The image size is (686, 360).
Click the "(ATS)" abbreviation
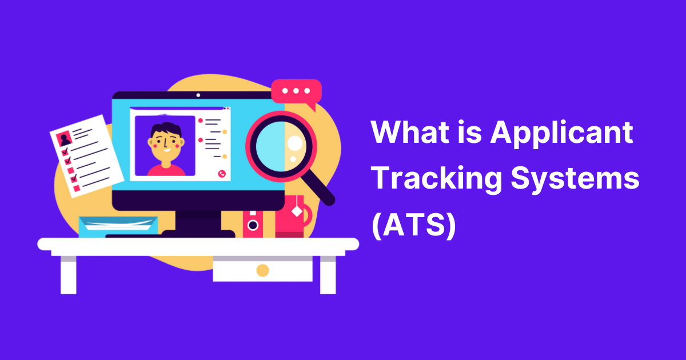click(x=413, y=226)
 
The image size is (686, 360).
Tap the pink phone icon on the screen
click(x=222, y=173)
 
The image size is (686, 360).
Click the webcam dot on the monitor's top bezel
click(x=198, y=95)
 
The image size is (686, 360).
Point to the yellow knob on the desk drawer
click(x=262, y=270)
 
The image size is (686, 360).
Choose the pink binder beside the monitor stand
click(x=253, y=223)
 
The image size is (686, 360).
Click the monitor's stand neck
click(x=198, y=220)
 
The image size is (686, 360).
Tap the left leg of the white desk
click(x=68, y=274)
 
